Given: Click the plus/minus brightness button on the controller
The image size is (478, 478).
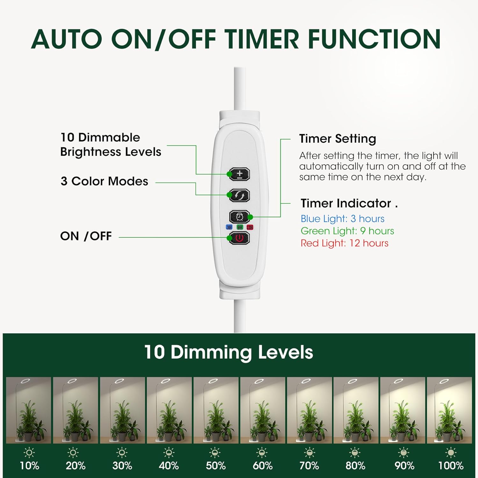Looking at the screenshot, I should pyautogui.click(x=240, y=174).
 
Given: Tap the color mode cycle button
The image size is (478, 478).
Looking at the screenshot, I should pyautogui.click(x=240, y=195).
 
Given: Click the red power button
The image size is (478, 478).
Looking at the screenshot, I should pyautogui.click(x=240, y=238).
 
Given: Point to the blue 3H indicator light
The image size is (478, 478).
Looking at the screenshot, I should pyautogui.click(x=229, y=227).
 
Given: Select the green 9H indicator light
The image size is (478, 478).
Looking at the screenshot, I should pyautogui.click(x=240, y=227).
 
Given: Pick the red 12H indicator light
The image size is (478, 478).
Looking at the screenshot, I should pyautogui.click(x=250, y=227).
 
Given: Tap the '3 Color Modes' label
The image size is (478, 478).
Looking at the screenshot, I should pyautogui.click(x=104, y=181).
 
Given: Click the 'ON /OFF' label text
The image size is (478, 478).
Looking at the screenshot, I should pyautogui.click(x=86, y=236).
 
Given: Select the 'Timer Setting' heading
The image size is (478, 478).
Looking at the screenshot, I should pyautogui.click(x=337, y=139).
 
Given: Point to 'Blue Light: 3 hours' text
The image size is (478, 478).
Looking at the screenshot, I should pyautogui.click(x=342, y=219).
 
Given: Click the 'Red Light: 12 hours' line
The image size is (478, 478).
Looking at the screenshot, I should pyautogui.click(x=344, y=243).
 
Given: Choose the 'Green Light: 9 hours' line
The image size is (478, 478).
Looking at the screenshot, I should pyautogui.click(x=347, y=231).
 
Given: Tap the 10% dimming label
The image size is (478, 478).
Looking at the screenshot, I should pyautogui.click(x=29, y=466).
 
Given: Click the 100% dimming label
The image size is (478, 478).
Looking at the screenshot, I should pyautogui.click(x=451, y=466).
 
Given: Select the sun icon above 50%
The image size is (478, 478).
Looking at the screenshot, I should pyautogui.click(x=216, y=452).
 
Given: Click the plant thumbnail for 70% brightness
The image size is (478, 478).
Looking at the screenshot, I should pyautogui.click(x=309, y=410).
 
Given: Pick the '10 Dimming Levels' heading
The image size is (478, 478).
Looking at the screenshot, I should pyautogui.click(x=228, y=352).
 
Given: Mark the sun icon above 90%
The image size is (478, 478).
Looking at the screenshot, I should pyautogui.click(x=404, y=452).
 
